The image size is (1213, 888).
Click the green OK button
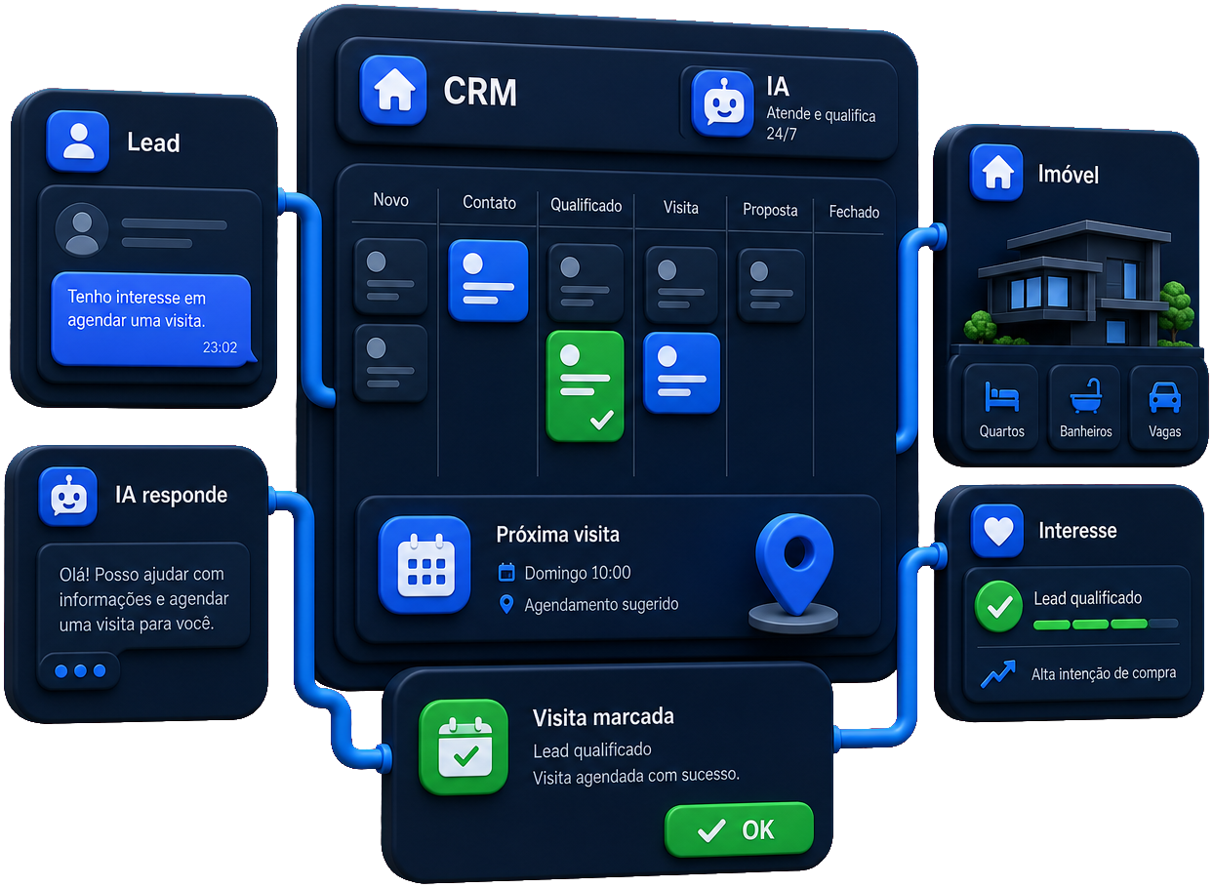pos(739,829)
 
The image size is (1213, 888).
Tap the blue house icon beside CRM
pos(393,90)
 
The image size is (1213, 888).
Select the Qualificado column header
pos(586,205)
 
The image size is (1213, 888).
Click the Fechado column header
pos(854,212)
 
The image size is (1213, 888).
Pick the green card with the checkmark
pos(586,386)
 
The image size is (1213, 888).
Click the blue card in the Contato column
pos(489,280)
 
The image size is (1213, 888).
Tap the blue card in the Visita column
pos(682,373)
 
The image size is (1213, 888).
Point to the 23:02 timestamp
pos(220,347)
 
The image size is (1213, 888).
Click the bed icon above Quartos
pos(1002,397)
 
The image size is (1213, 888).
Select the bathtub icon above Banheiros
pos(1086,396)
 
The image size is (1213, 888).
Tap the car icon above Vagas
pos(1165,398)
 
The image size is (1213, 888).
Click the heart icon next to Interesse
pos(997,530)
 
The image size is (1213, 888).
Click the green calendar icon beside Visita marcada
pos(465,747)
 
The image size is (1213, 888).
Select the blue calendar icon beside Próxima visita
pos(425,564)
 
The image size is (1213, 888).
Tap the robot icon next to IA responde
pos(67,496)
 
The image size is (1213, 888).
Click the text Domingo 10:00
pos(578,573)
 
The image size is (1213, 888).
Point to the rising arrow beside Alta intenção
pos(998,674)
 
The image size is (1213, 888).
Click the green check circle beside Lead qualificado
pos(999,606)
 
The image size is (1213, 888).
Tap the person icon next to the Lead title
pos(77,141)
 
